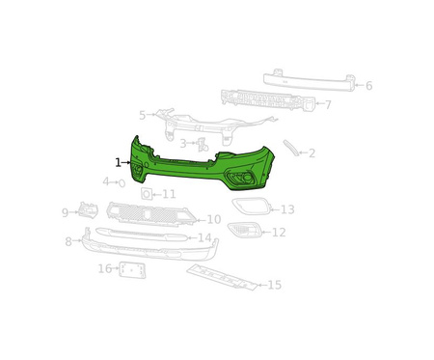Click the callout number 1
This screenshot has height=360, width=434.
119,163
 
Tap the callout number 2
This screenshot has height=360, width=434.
312,153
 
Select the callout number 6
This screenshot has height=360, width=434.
368,86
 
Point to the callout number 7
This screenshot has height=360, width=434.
328,104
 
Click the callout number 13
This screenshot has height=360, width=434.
287,209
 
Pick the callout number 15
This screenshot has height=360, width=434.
275,285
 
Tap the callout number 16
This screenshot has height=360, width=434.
105,268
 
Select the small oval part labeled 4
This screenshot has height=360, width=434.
122,183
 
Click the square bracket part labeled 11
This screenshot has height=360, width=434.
147,194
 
